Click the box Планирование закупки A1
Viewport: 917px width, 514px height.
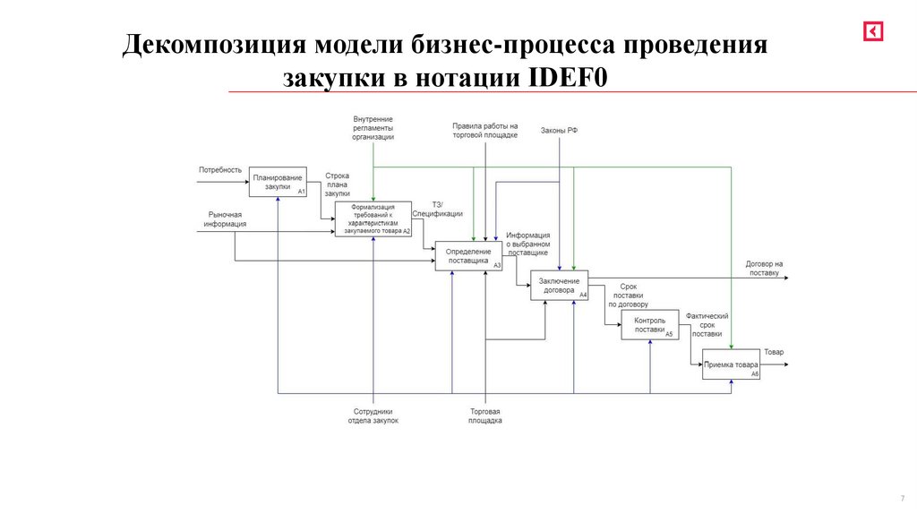pyautogui.click(x=278, y=182)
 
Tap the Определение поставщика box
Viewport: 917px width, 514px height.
pyautogui.click(x=468, y=256)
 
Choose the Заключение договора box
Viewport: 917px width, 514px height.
pyautogui.click(x=560, y=285)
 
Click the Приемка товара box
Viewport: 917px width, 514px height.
pyautogui.click(x=731, y=364)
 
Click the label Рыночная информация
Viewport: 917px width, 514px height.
pyautogui.click(x=225, y=219)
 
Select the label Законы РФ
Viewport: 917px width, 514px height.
pyautogui.click(x=559, y=131)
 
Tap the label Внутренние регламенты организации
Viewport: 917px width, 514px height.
pyautogui.click(x=373, y=128)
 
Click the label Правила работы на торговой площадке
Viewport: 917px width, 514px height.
pyautogui.click(x=484, y=131)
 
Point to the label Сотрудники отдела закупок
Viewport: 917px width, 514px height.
pyautogui.click(x=373, y=415)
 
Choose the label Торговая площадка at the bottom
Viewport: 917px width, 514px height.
pyautogui.click(x=484, y=415)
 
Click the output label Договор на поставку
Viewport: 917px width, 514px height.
pyautogui.click(x=764, y=268)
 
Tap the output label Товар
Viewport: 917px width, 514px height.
pyautogui.click(x=774, y=352)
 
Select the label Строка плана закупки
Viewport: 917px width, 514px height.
pyautogui.click(x=338, y=184)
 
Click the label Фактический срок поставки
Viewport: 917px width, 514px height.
pyautogui.click(x=707, y=324)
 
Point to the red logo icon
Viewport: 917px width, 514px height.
pyautogui.click(x=873, y=31)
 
